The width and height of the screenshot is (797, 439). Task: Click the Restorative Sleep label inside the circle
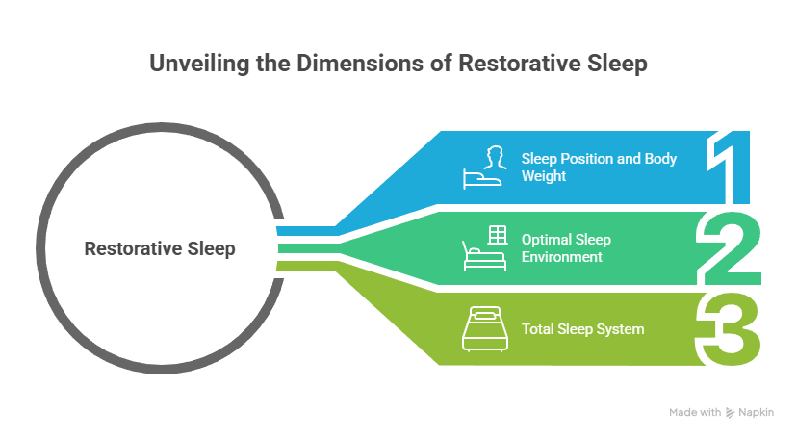pos(160,248)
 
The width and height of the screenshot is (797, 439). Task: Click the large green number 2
pos(732,248)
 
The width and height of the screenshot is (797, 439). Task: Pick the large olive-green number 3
pos(733,328)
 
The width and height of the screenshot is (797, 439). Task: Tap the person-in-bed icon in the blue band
pos(486,167)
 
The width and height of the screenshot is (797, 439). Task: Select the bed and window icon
pos(486,247)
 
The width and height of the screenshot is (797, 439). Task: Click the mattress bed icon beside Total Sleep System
pos(485,328)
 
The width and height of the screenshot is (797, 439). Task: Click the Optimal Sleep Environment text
pos(566,248)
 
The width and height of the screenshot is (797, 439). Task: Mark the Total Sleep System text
pos(582,329)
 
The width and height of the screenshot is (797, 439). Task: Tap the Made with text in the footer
pos(695,412)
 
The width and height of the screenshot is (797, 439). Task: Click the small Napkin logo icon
pos(730,412)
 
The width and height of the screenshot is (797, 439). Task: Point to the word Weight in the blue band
pos(543,176)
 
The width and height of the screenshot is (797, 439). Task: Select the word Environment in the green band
pos(562,257)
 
